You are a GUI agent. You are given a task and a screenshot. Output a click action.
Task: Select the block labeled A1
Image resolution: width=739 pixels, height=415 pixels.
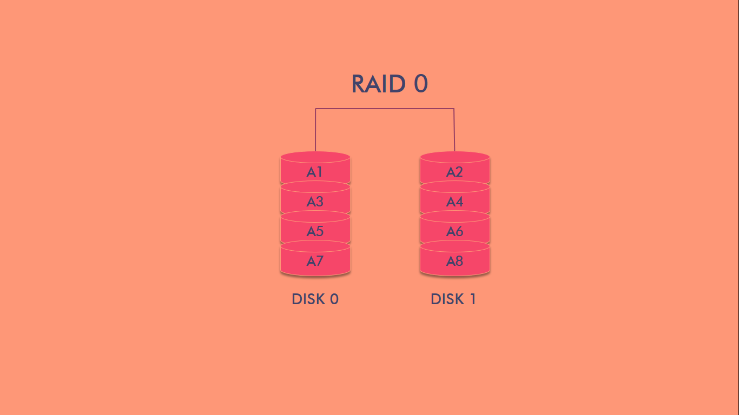pos(315,172)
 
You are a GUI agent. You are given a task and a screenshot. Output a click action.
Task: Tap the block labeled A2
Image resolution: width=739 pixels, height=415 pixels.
pos(454,172)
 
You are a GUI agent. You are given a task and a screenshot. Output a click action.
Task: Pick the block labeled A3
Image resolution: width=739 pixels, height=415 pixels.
pos(315,202)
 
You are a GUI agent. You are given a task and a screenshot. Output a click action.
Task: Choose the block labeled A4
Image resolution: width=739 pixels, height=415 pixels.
pos(454,202)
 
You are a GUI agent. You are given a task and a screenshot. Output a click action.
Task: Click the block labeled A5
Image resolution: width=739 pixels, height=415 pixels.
pos(315,232)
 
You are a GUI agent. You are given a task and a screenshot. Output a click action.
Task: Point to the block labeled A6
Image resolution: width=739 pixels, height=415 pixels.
pos(454,232)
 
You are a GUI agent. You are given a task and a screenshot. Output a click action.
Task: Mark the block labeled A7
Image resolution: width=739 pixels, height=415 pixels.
pos(315,262)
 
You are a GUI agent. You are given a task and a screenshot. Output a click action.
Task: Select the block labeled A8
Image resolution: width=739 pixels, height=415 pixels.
pos(454,262)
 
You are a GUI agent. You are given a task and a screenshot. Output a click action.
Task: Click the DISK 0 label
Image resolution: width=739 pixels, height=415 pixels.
pos(315,299)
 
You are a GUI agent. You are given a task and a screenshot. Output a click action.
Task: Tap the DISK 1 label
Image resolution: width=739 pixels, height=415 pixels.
pos(453,299)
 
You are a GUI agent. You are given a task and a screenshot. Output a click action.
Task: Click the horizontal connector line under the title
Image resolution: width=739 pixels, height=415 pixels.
pos(385,109)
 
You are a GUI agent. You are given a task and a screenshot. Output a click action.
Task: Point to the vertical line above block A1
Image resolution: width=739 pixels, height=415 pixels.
pos(315,130)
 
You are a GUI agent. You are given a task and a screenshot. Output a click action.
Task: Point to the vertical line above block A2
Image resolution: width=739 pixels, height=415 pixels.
pos(454,130)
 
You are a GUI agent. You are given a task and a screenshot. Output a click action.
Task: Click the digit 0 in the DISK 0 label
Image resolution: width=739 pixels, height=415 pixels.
pos(334,299)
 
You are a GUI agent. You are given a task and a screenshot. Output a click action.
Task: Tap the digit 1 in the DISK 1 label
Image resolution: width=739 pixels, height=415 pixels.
pos(472,299)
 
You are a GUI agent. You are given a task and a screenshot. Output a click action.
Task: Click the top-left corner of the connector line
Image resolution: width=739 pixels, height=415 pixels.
pos(316,109)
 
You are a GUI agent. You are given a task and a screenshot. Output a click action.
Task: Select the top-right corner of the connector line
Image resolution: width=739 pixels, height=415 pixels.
pos(453,109)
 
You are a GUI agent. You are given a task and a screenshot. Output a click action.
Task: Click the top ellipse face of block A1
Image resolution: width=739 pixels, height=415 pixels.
pos(315,157)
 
